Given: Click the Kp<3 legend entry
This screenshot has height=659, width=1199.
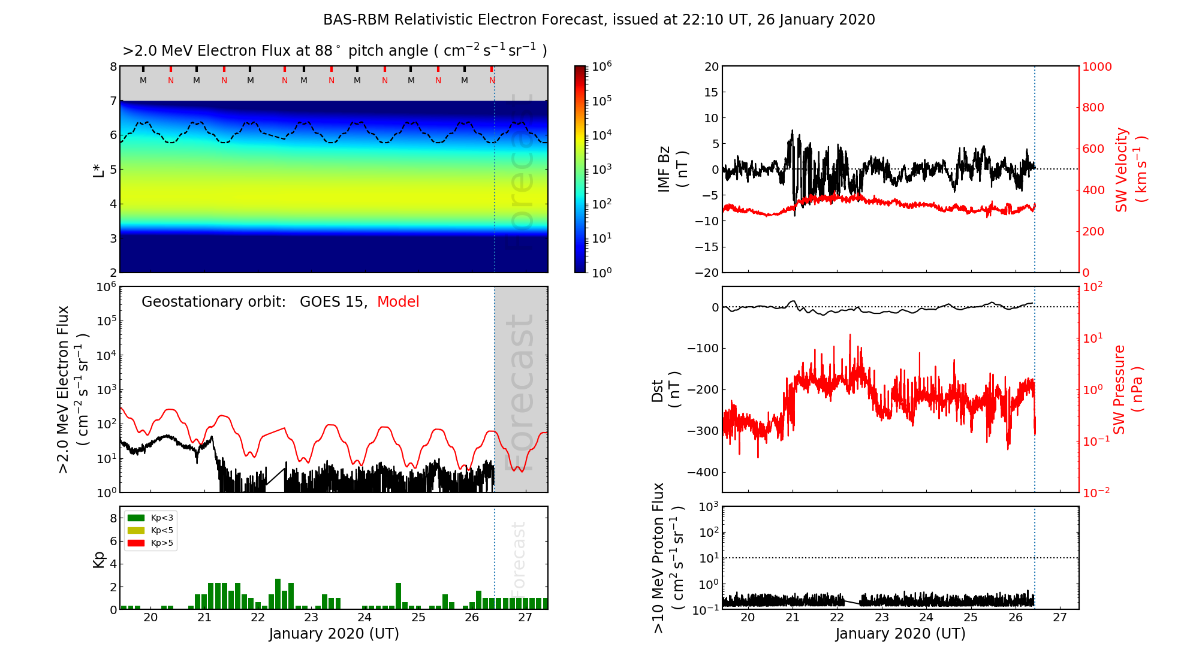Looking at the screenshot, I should tap(162, 518).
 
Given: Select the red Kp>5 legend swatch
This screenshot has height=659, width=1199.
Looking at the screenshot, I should tap(136, 543).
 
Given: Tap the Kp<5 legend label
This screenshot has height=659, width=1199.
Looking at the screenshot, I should tap(162, 530).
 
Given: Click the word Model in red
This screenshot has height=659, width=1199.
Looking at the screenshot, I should tap(398, 302).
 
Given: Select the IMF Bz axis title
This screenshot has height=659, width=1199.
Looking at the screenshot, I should tap(673, 169).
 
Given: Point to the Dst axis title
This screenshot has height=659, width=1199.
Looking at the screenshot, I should tap(665, 390).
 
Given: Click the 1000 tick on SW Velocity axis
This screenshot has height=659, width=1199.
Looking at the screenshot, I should tap(1096, 66).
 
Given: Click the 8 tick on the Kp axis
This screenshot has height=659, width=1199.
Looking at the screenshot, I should tap(113, 518).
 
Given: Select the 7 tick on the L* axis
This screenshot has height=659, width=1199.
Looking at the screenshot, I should tap(113, 101).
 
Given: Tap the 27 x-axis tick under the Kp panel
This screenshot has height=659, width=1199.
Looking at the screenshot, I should tap(525, 618).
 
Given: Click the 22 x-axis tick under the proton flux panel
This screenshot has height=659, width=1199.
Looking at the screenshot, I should tap(837, 618).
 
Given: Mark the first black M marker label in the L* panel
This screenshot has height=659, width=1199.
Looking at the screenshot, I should tap(143, 80).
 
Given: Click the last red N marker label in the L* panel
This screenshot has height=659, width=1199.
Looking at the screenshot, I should tap(492, 80).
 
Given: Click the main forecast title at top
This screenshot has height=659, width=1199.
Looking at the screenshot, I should tap(599, 20).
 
